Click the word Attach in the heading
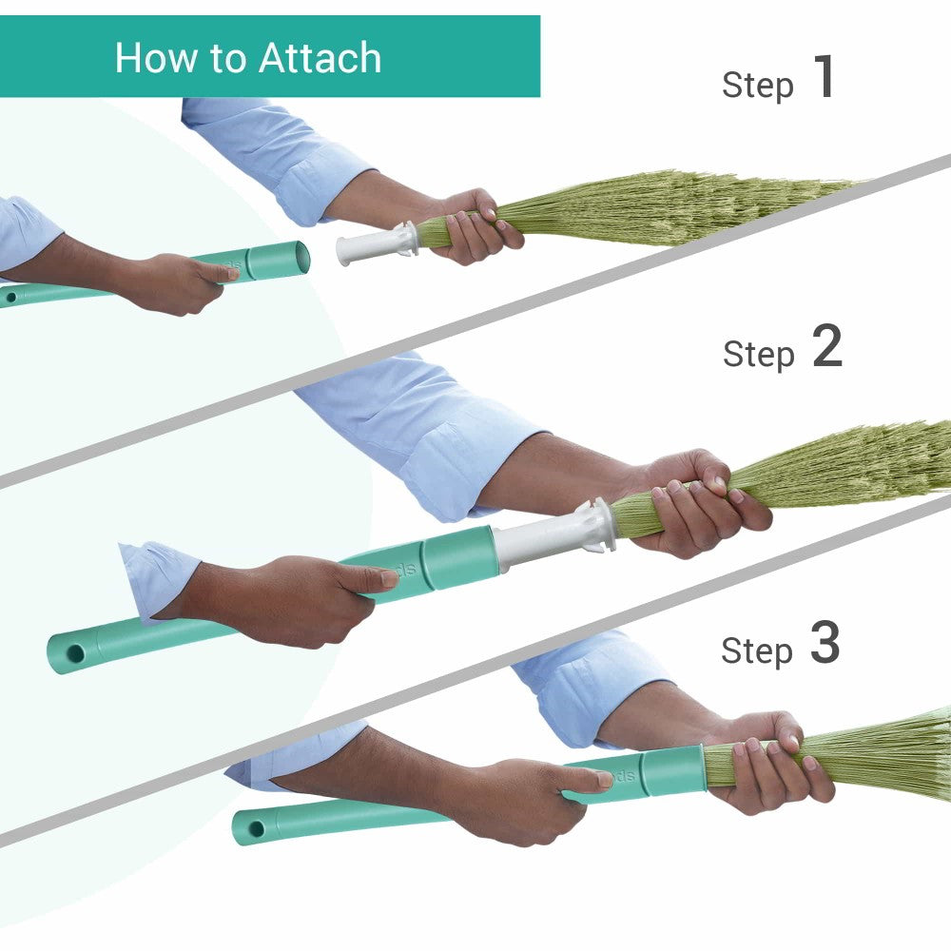[x=320, y=58]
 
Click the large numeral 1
[x=824, y=78]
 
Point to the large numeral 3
[x=825, y=644]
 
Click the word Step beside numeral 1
[x=758, y=86]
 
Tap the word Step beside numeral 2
[x=758, y=355]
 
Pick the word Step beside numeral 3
[x=757, y=651]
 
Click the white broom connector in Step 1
[x=376, y=245]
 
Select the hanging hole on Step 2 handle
[x=74, y=655]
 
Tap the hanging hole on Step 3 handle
[x=256, y=828]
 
